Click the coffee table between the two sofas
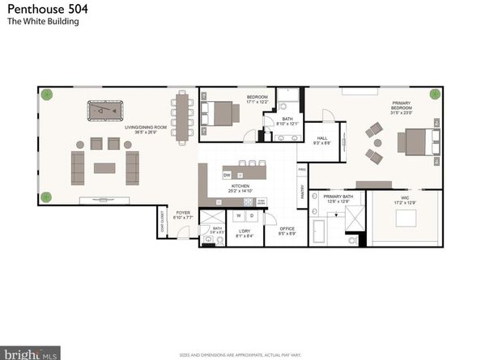104,168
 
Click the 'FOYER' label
182,213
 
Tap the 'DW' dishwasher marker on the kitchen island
228,174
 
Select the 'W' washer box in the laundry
237,216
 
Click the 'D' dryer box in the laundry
251,216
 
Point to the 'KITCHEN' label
240,185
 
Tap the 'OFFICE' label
287,228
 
